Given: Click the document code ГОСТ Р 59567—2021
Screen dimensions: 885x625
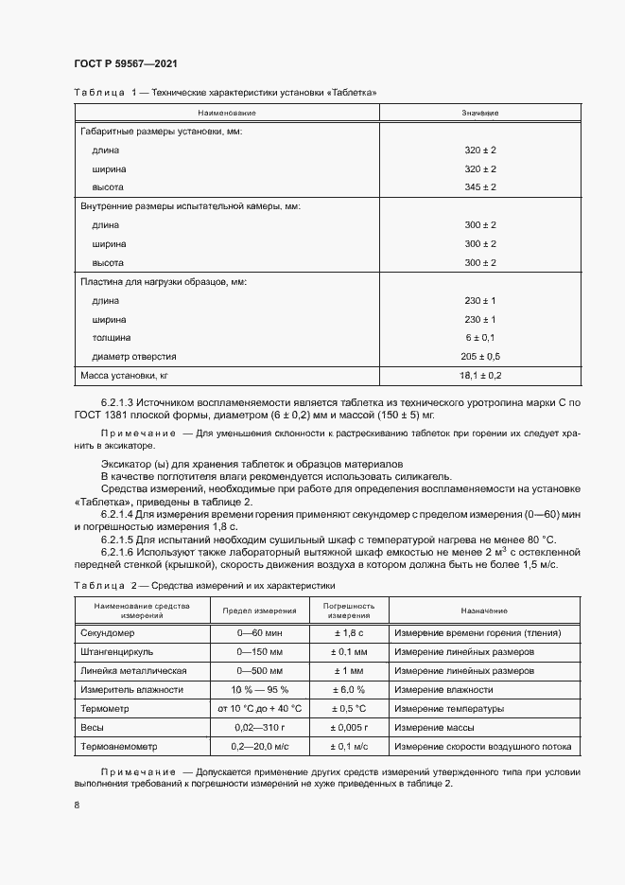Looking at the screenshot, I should pyautogui.click(x=125, y=63).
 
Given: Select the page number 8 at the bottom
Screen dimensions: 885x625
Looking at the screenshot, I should pyautogui.click(x=77, y=805).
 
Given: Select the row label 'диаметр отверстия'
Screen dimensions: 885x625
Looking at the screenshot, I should pyautogui.click(x=134, y=356).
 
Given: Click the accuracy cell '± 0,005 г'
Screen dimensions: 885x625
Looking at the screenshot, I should pyautogui.click(x=350, y=728).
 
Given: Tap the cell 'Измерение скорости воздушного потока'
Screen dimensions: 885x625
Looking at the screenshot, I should pyautogui.click(x=482, y=747).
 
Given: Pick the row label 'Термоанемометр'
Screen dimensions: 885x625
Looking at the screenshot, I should pyautogui.click(x=117, y=747).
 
